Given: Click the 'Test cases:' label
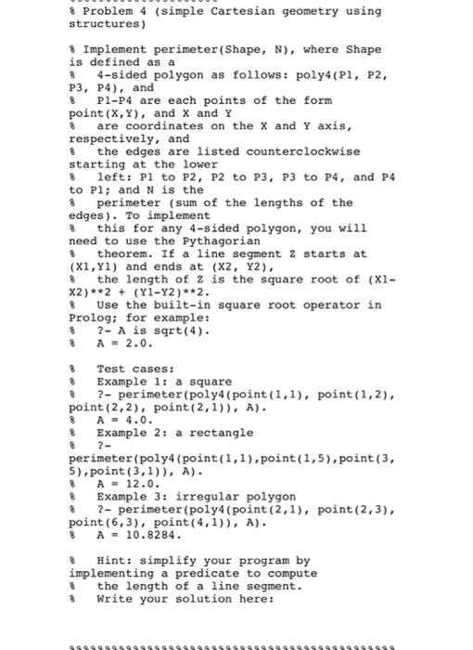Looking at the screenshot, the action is (x=134, y=368).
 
